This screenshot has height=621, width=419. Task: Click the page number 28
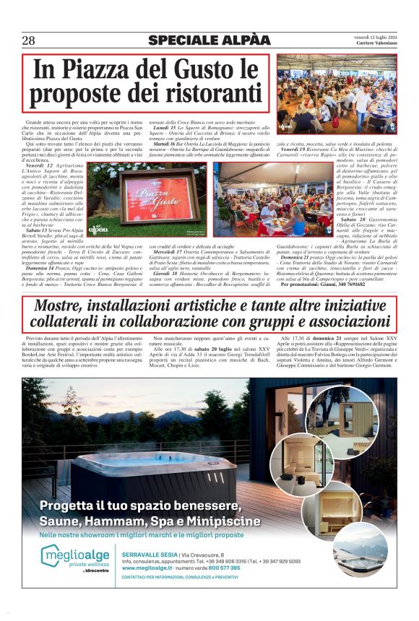[29, 40]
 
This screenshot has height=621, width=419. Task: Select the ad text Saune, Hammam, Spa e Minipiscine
[150, 521]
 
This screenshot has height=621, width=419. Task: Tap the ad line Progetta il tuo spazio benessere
[139, 505]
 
